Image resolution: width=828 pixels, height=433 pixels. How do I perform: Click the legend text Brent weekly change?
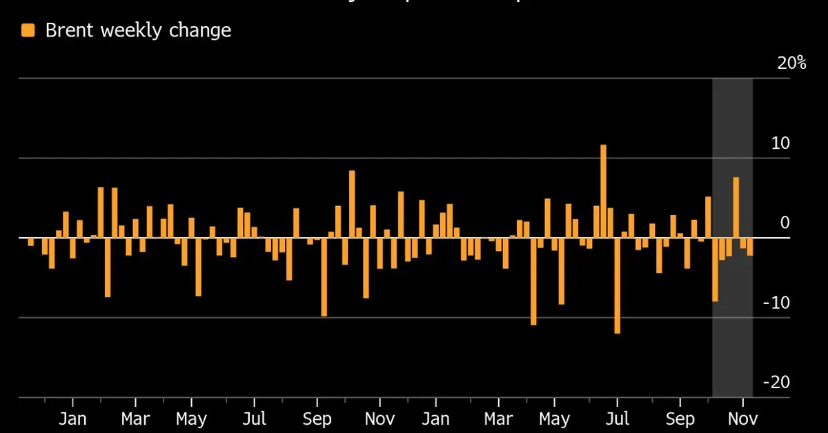click(138, 30)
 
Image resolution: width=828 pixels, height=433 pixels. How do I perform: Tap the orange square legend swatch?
click(28, 30)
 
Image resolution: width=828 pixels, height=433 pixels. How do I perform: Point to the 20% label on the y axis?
click(791, 63)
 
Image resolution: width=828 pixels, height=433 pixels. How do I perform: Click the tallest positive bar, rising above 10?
click(603, 191)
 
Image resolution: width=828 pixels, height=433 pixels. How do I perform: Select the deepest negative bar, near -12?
click(617, 285)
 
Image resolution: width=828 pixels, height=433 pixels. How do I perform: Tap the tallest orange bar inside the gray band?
click(736, 208)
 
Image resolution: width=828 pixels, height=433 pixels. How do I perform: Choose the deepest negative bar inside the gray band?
click(716, 270)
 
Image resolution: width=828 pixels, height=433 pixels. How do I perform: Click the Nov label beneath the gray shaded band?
click(743, 419)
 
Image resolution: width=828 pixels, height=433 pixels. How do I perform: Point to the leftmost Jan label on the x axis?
click(72, 419)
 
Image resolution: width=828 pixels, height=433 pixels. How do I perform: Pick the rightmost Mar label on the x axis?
click(498, 419)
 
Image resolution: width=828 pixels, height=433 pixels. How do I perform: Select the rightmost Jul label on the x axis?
click(617, 419)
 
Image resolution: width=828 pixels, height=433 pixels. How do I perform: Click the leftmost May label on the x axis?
click(191, 419)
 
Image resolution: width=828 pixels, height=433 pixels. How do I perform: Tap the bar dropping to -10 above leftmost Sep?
click(324, 277)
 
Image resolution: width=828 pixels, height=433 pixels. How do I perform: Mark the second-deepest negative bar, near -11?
click(533, 281)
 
